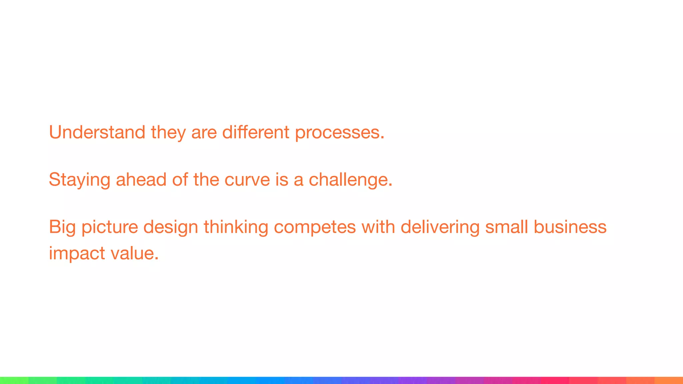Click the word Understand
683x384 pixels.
click(97, 132)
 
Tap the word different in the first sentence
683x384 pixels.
click(256, 132)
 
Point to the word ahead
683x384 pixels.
click(141, 180)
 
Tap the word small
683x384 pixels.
click(507, 227)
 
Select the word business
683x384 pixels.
click(570, 227)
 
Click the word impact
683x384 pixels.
click(77, 254)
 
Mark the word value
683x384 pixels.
click(134, 254)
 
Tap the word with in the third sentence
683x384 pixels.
click(378, 227)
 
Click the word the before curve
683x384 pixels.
click(206, 180)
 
